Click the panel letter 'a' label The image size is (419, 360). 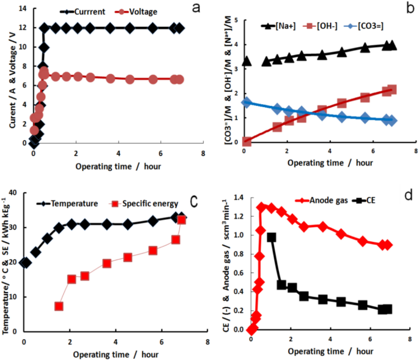[x=196, y=9]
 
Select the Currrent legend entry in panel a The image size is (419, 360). [x=84, y=11]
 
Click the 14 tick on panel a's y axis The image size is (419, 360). [x=24, y=9]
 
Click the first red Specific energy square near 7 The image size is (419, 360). [x=59, y=306]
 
